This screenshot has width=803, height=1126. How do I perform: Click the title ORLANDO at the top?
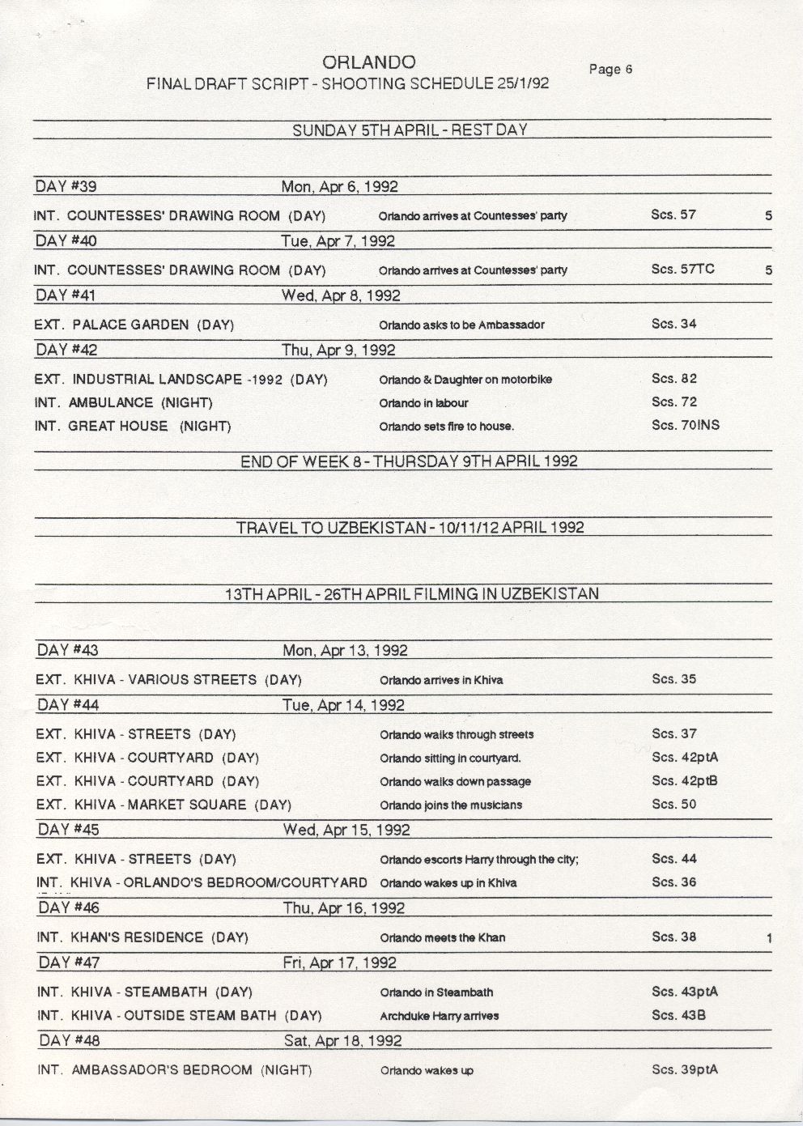coord(368,62)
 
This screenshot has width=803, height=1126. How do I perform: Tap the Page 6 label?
coord(610,70)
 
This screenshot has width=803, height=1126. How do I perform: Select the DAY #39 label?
coord(66,186)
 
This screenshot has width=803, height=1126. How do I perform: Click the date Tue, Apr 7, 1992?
coord(338,241)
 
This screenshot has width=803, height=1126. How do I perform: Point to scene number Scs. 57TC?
coord(682,269)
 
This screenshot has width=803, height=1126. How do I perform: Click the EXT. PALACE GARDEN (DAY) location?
coord(134,325)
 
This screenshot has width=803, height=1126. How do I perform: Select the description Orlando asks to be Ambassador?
coord(461,325)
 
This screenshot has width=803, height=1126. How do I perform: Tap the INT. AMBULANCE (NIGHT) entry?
coord(123,402)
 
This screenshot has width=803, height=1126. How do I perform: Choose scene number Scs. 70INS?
coord(685,425)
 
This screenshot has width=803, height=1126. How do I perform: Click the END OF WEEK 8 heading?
coord(409,461)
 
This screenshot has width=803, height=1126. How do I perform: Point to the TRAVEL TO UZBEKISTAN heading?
coord(410,528)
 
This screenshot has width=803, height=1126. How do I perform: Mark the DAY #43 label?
coord(68,650)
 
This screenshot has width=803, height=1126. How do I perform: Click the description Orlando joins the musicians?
coord(451,805)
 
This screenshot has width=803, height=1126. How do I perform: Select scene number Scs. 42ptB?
coord(685,781)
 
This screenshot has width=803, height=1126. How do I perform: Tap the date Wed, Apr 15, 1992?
coord(346,830)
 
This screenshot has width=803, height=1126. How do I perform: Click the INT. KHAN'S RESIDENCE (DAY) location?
coord(142,937)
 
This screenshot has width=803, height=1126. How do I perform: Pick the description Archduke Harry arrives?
coord(439,1016)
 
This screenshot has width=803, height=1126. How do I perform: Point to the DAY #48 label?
coord(69,1040)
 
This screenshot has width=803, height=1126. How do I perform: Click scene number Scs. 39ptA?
coord(685,1069)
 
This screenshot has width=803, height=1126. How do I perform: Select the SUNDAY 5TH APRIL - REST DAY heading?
coord(410,130)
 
